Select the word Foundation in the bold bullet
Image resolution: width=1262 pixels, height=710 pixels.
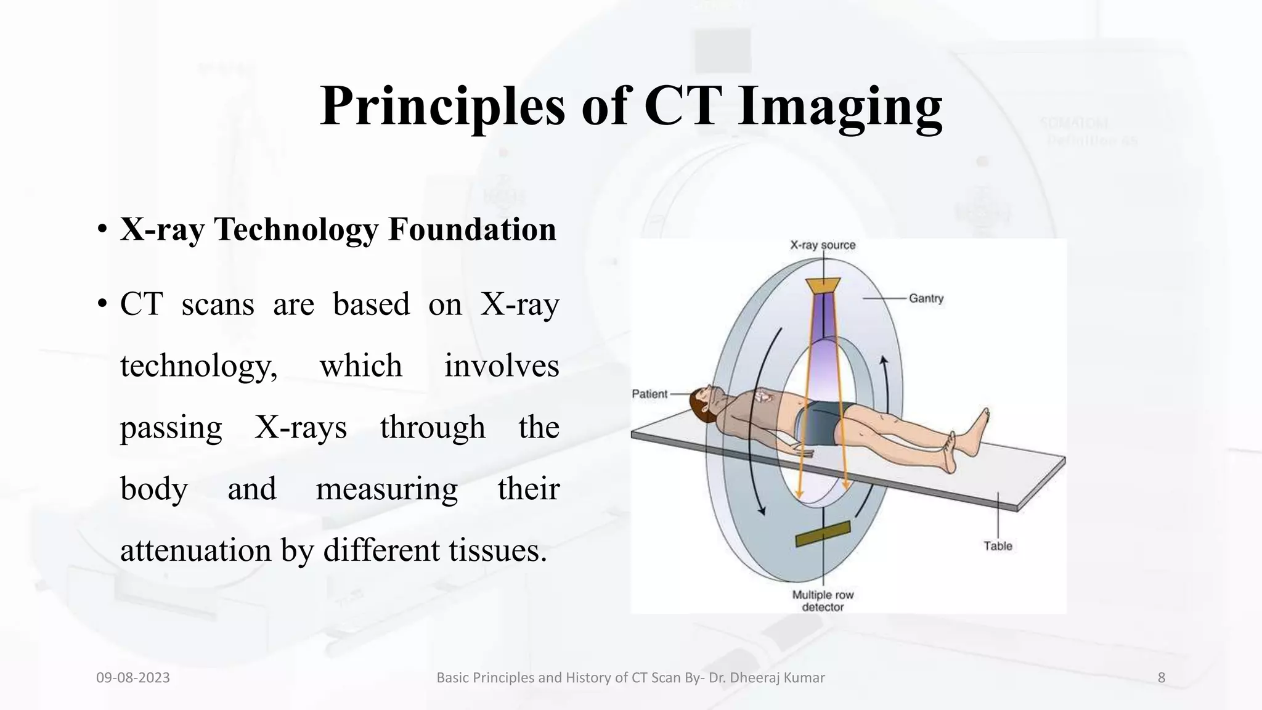pyautogui.click(x=472, y=229)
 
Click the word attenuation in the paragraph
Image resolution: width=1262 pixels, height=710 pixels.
pyautogui.click(x=195, y=550)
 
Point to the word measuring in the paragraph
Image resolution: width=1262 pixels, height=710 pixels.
pyautogui.click(x=386, y=489)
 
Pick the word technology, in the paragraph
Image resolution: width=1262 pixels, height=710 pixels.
pyautogui.click(x=198, y=366)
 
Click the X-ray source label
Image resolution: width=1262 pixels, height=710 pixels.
pyautogui.click(x=823, y=245)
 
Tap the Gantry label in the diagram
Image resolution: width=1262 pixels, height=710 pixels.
pyautogui.click(x=926, y=298)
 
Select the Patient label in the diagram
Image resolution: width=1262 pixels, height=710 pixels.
pyautogui.click(x=649, y=394)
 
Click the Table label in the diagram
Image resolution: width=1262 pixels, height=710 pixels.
pyautogui.click(x=997, y=546)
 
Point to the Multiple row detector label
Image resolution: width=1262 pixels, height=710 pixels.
pyautogui.click(x=823, y=601)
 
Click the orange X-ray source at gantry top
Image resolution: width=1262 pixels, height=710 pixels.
pyautogui.click(x=823, y=285)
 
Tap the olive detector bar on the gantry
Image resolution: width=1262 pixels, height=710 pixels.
pyautogui.click(x=823, y=534)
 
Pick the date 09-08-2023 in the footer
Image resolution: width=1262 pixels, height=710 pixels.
pyautogui.click(x=132, y=678)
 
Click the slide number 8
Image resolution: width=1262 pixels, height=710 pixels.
pyautogui.click(x=1161, y=678)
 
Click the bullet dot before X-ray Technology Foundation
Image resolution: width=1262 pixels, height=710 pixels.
pyautogui.click(x=102, y=231)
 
